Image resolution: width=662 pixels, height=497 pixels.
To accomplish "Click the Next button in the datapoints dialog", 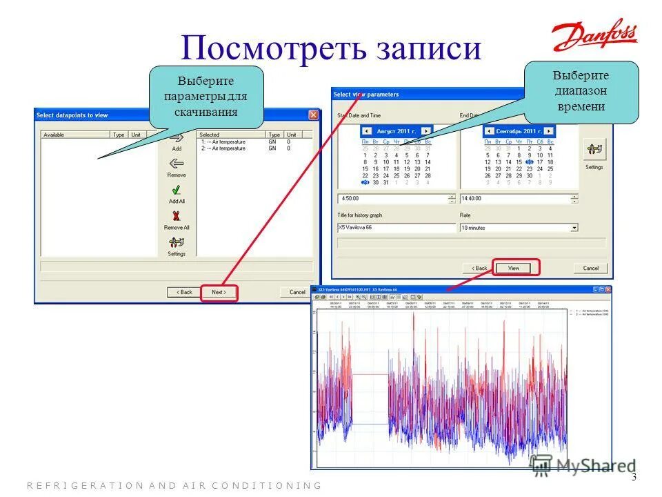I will tap(219, 292).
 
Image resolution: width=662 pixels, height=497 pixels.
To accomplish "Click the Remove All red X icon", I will tap(177, 216).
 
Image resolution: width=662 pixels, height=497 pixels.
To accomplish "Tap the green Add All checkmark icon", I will tap(177, 190).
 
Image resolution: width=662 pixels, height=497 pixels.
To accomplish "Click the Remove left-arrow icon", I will tap(177, 164).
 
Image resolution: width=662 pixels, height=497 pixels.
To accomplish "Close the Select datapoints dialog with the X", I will tap(313, 115).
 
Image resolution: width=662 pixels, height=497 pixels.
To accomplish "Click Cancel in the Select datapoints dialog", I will tap(297, 292).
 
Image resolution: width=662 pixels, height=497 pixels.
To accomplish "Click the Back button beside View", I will tap(479, 268).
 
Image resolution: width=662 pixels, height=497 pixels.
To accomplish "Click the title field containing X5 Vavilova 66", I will tap(397, 227).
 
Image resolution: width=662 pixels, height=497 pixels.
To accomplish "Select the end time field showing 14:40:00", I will tap(514, 198).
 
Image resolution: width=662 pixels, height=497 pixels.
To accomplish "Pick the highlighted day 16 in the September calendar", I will tap(529, 162).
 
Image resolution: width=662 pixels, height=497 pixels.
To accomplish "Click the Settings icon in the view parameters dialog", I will tap(594, 148).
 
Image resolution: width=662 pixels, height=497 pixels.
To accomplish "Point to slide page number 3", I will tap(634, 478).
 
